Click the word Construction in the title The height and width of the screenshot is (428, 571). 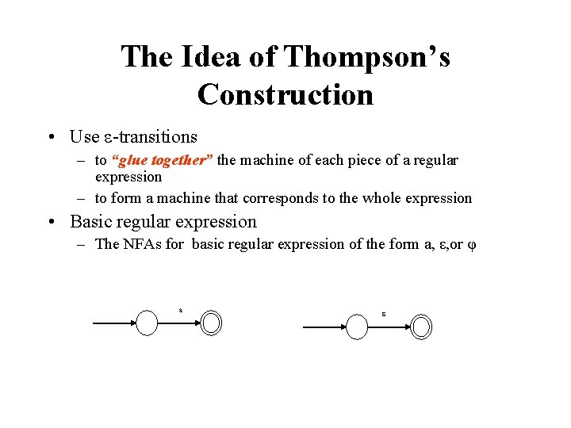tap(285, 94)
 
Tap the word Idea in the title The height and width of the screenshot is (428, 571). tap(209, 57)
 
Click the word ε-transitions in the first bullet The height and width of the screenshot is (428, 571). tap(151, 136)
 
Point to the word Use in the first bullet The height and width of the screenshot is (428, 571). tap(84, 136)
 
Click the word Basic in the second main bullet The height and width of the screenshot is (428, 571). tap(92, 222)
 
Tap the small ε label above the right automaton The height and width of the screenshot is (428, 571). tap(383, 315)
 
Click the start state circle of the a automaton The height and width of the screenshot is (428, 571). tap(148, 323)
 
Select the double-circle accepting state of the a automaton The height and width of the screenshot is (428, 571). tap(212, 323)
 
